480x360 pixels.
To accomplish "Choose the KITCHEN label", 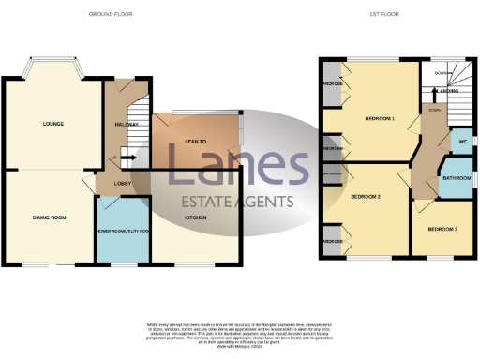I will click(x=196, y=217).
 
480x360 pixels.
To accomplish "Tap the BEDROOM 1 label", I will click(x=380, y=119).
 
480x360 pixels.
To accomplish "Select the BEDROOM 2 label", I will click(x=365, y=197).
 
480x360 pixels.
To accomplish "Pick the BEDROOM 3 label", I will click(x=441, y=229).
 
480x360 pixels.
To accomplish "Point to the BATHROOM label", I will click(x=457, y=178).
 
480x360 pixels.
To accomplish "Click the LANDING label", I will click(x=446, y=91).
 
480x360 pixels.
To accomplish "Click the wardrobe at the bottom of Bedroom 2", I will click(x=332, y=240).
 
